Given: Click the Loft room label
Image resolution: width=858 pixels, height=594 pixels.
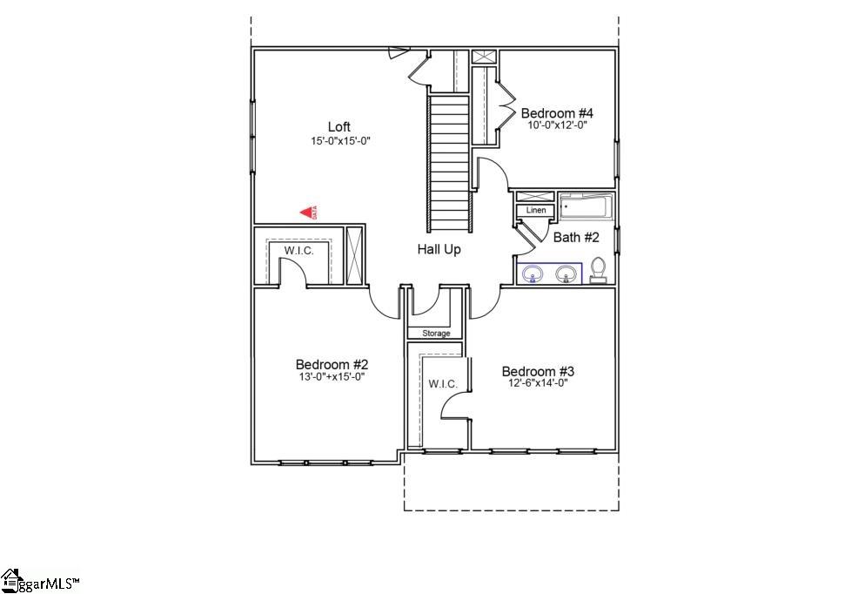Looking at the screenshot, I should coord(339,127).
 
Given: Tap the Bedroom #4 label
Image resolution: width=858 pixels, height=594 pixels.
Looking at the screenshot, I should coord(557,113).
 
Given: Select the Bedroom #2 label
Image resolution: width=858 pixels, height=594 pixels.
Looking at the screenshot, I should coord(331,364).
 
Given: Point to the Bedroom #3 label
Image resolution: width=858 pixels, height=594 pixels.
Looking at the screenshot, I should coord(538,371).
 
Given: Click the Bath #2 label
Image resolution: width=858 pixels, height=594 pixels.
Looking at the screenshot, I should coord(576,237).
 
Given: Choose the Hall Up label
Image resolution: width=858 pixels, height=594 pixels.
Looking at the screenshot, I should coord(439,249).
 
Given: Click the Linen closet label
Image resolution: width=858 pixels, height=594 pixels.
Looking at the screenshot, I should coord(536,211).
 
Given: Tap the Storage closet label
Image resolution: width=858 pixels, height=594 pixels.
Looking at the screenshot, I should coord(436,334).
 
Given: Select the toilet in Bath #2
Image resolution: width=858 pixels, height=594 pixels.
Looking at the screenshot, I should coord(598,270).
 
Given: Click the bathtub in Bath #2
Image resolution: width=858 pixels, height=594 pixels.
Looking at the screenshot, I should coord(586,207).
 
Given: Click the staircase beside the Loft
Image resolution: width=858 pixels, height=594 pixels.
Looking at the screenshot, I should coord(448,161).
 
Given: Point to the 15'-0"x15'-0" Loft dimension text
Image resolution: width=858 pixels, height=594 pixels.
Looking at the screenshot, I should coord(339,140).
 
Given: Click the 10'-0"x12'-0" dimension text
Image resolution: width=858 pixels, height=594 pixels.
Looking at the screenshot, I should coord(557,125).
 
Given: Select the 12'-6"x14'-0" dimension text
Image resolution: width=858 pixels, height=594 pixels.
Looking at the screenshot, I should coord(538,383).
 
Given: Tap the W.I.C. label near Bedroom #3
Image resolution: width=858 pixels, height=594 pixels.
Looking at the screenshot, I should coord(436,384).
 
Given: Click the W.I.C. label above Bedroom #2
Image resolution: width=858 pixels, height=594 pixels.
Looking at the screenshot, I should coord(298,251).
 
